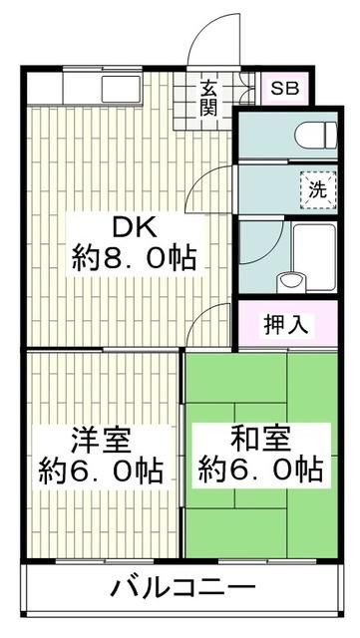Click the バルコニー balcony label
coord(181,585)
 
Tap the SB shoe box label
coord(285,87)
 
